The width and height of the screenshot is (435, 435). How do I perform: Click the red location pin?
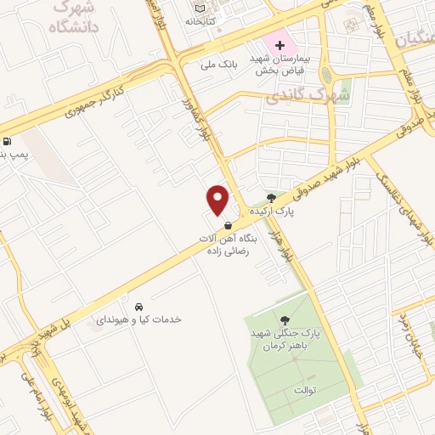(218, 201)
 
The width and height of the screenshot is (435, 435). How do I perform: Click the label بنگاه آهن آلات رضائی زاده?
(228, 244)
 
